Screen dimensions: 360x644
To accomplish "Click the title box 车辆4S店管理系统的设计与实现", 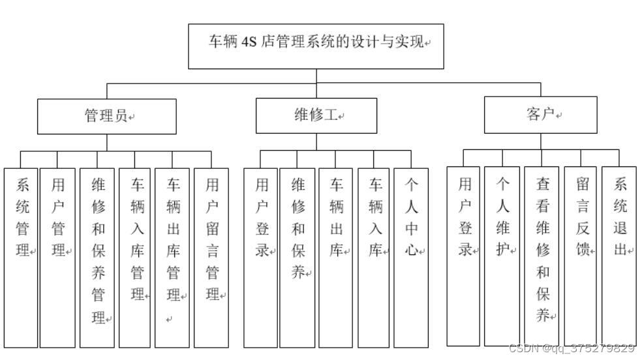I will coord(316,46).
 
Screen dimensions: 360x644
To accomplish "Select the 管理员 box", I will coord(106,116).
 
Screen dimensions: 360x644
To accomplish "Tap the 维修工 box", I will coord(316,115).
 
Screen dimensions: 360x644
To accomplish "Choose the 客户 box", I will coord(540,115).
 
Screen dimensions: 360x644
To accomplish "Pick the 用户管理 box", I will coord(57,258).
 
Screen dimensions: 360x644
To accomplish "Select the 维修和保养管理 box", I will coord(97,258).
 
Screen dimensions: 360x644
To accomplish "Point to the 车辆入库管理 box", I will coord(135,258).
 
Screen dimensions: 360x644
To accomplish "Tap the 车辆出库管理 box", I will coord(172,258).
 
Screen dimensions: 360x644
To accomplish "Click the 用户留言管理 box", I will coord(211,258).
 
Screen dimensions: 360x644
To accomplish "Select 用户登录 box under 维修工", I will coord(261,258).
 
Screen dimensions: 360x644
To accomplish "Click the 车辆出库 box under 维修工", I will coord(335,258).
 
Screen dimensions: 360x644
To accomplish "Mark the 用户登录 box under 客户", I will coord(464,256).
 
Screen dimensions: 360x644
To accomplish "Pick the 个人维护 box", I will coord(502,256).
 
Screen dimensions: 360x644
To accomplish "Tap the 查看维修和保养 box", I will coord(542,256).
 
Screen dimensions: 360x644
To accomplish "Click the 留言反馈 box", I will coord(581,256).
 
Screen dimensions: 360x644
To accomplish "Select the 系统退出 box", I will coord(619,256).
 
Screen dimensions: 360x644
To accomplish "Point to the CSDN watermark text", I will coord(572,348).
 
